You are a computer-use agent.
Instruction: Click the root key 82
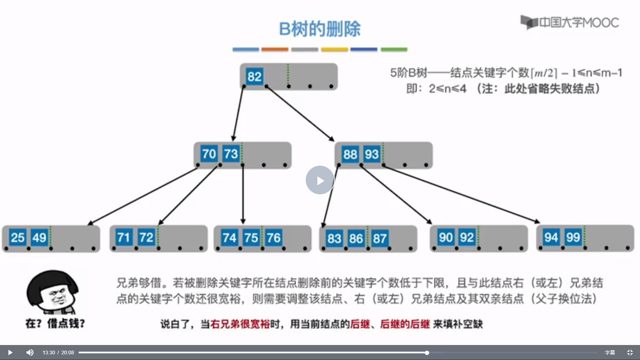(x=254, y=77)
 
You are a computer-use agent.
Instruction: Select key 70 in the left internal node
(x=209, y=154)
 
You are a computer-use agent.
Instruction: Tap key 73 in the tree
(x=231, y=154)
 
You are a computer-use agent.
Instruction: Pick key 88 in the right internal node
(x=350, y=154)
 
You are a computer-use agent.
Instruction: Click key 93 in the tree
(x=372, y=154)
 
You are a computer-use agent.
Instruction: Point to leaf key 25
(x=18, y=238)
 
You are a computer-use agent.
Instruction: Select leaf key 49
(x=39, y=238)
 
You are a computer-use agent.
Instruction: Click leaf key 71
(x=124, y=238)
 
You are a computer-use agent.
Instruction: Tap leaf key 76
(x=273, y=238)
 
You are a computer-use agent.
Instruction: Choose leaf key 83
(x=334, y=238)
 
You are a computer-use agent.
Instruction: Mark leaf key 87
(x=380, y=238)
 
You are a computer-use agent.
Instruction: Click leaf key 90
(x=446, y=237)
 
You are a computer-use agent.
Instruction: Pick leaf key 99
(x=573, y=237)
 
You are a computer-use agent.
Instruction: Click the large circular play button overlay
(x=320, y=180)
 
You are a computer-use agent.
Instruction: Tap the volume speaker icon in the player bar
(x=30, y=352)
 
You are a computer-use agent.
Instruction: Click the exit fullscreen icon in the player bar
(x=630, y=352)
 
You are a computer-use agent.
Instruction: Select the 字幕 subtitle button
(x=610, y=352)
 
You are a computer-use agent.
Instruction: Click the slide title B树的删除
(x=320, y=29)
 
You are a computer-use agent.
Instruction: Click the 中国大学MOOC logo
(x=570, y=23)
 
